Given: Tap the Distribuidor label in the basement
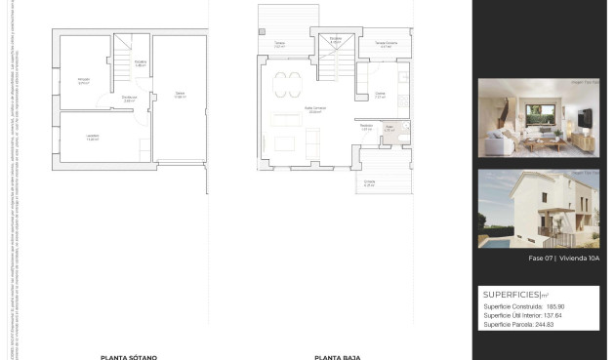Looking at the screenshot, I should point(129,98).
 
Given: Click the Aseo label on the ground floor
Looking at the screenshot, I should point(388,127).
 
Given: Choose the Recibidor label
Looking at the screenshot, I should point(366,125).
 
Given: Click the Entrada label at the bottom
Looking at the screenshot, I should point(369,182).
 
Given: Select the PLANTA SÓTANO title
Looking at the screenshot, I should point(129,356).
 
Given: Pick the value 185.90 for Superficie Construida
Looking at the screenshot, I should point(553,306).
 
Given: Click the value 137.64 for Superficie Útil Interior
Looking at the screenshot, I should point(553,315).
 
